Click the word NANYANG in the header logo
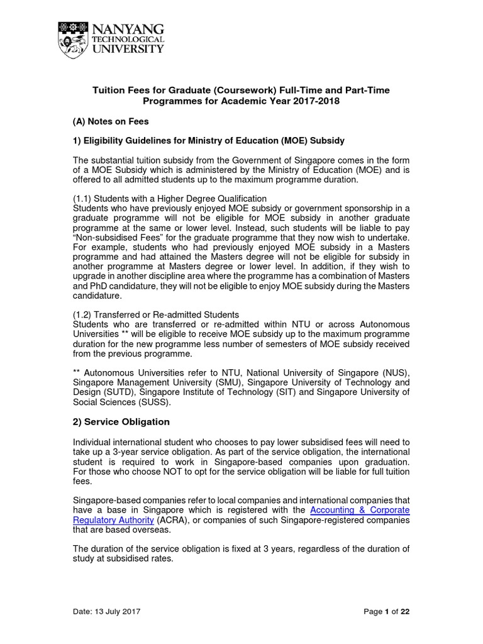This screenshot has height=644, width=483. pyautogui.click(x=128, y=29)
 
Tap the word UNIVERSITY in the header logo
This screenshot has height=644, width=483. pyautogui.click(x=128, y=49)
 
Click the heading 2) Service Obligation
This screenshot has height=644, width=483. pyautogui.click(x=121, y=421)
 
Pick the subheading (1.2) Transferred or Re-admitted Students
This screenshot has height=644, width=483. pyautogui.click(x=157, y=314)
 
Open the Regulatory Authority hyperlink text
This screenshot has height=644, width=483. pyautogui.click(x=114, y=520)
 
